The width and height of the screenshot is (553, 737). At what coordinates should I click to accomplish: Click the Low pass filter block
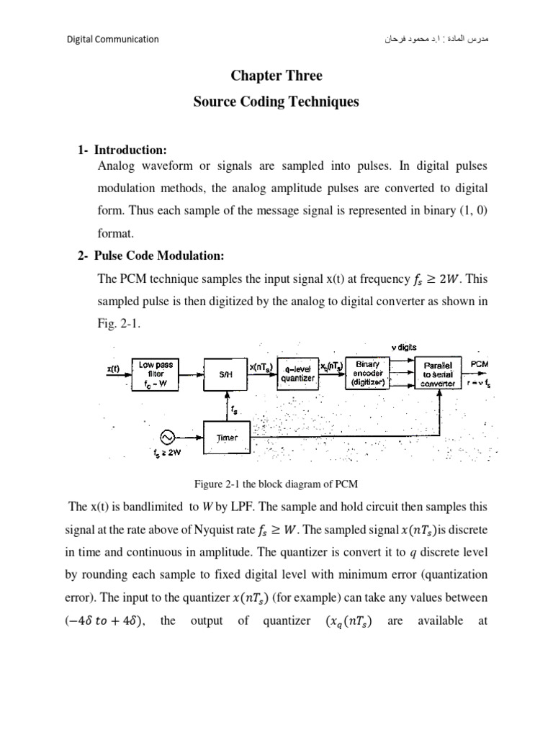click(x=156, y=374)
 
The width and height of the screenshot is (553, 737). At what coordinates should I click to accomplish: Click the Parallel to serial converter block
click(x=439, y=374)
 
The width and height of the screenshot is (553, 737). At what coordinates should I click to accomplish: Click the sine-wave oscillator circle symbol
click(x=166, y=437)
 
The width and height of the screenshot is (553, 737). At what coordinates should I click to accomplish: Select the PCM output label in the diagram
click(x=480, y=364)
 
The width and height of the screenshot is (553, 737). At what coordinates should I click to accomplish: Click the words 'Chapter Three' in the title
click(x=276, y=76)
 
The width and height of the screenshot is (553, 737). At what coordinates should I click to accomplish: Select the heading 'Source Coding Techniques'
click(x=276, y=102)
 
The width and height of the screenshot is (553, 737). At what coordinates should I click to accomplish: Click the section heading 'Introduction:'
click(x=130, y=150)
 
